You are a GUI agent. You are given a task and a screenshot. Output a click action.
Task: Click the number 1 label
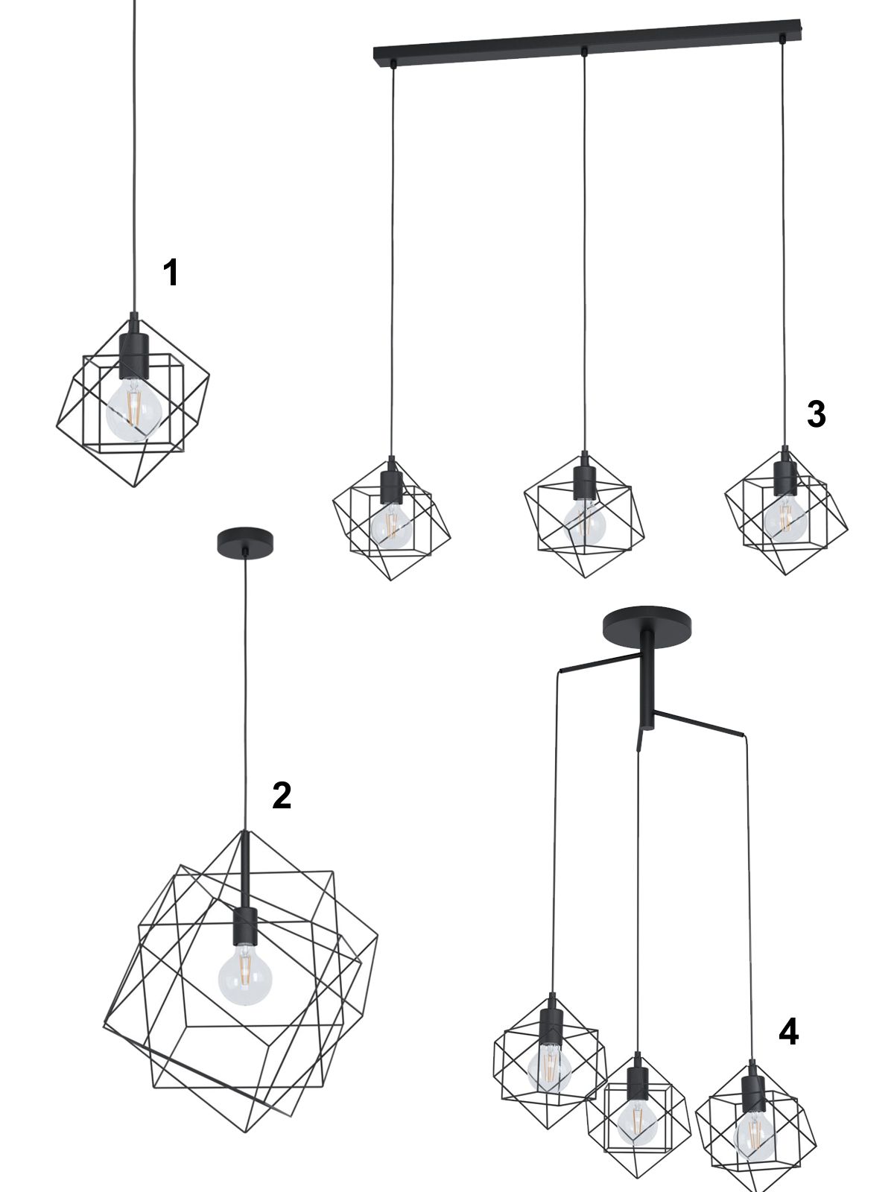[x=171, y=273]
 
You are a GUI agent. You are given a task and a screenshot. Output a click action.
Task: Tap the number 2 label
[x=282, y=796]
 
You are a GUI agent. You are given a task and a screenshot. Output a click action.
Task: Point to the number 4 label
[x=789, y=1031]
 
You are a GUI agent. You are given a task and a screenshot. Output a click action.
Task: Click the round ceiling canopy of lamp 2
[x=245, y=542]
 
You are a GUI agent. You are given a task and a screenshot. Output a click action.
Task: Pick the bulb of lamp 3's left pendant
[x=391, y=524]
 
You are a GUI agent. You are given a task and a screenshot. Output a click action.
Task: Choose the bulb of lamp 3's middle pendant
[x=585, y=522]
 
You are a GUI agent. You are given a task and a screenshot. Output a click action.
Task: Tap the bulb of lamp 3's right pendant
[x=785, y=516]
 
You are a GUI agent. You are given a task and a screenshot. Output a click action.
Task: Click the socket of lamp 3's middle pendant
[x=585, y=478]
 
